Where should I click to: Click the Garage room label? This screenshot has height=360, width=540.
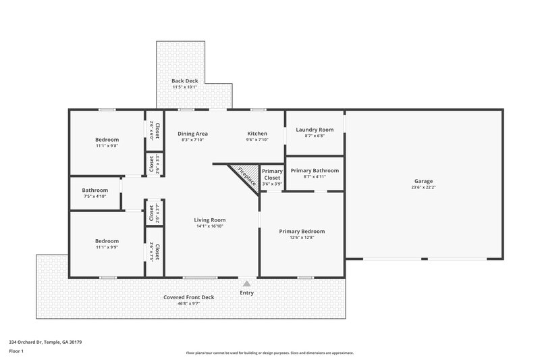(x=423, y=181)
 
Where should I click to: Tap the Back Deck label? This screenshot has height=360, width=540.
(x=184, y=81)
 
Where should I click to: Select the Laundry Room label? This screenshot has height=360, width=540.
(x=315, y=129)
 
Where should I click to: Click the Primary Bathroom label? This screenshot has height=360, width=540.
(x=315, y=170)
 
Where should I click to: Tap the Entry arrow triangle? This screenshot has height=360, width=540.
(x=247, y=284)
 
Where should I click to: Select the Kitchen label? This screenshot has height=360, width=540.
(x=257, y=134)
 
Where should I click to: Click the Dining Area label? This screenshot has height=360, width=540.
(x=192, y=134)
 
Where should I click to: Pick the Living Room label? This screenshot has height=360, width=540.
(x=210, y=220)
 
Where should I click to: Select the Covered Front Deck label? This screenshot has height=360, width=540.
(x=188, y=297)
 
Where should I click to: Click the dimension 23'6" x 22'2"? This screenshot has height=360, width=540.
(x=423, y=187)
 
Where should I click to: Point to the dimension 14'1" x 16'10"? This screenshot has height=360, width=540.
(x=210, y=226)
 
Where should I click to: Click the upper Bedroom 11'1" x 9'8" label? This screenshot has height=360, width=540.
(x=107, y=139)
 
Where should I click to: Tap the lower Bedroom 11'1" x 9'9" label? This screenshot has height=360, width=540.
(x=107, y=241)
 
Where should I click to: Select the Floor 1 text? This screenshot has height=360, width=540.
(x=16, y=351)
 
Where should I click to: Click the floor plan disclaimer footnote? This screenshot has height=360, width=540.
(x=269, y=353)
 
